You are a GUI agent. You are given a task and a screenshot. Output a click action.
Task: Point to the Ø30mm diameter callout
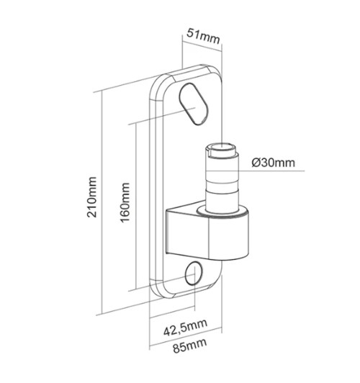(274, 163)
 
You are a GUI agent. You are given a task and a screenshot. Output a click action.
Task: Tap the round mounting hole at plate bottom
(194, 273)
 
